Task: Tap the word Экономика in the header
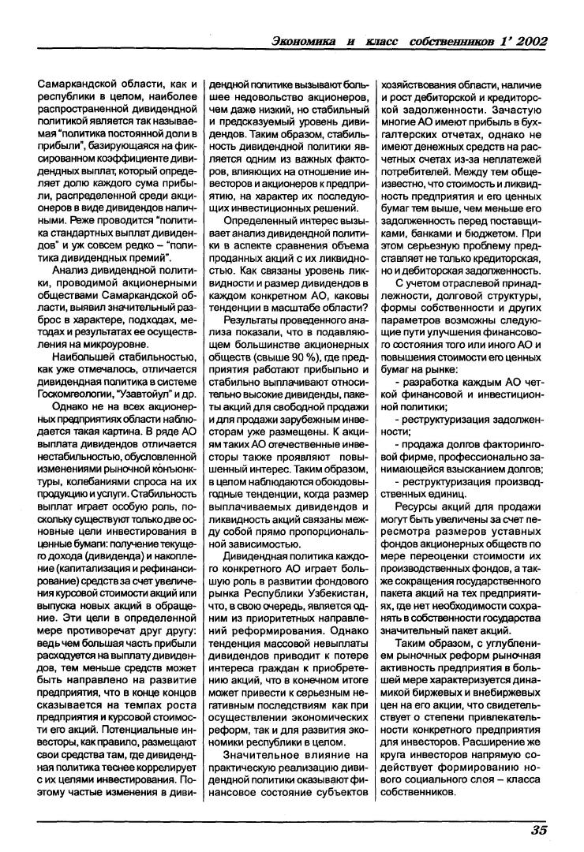tap(304, 40)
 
